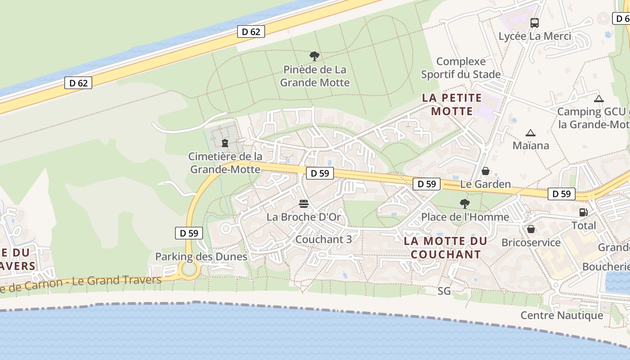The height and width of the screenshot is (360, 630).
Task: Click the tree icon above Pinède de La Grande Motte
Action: [x=315, y=56]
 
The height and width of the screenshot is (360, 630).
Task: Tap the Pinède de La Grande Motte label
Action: [x=315, y=76]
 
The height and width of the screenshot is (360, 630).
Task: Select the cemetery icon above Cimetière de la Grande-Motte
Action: [x=225, y=143]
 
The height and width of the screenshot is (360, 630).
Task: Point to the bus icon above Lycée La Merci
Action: [x=535, y=22]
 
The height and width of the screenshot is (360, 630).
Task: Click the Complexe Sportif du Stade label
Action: [x=461, y=68]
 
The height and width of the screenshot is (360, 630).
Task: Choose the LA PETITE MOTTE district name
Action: [x=452, y=104]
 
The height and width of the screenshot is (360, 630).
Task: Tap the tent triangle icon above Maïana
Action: [x=531, y=133]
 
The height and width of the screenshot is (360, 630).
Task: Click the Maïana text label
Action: [x=531, y=145]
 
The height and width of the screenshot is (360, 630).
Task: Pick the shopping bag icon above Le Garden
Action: [x=486, y=171]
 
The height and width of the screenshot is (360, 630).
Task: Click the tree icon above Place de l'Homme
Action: [x=465, y=204]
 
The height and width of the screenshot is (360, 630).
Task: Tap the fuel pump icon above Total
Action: [x=583, y=212]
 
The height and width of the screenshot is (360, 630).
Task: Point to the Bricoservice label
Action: [x=531, y=243]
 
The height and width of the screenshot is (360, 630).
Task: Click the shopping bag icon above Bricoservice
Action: [x=531, y=229]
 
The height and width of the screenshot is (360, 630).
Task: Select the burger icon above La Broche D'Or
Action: [x=304, y=204]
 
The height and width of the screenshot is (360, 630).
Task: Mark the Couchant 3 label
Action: [x=323, y=239]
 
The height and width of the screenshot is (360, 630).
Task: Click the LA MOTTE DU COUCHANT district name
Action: [x=445, y=247]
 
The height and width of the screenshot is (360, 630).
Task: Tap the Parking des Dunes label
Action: [x=201, y=257]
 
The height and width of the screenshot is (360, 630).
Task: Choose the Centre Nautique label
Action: [x=562, y=315]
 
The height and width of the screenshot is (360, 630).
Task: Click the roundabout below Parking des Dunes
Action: [x=189, y=269]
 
